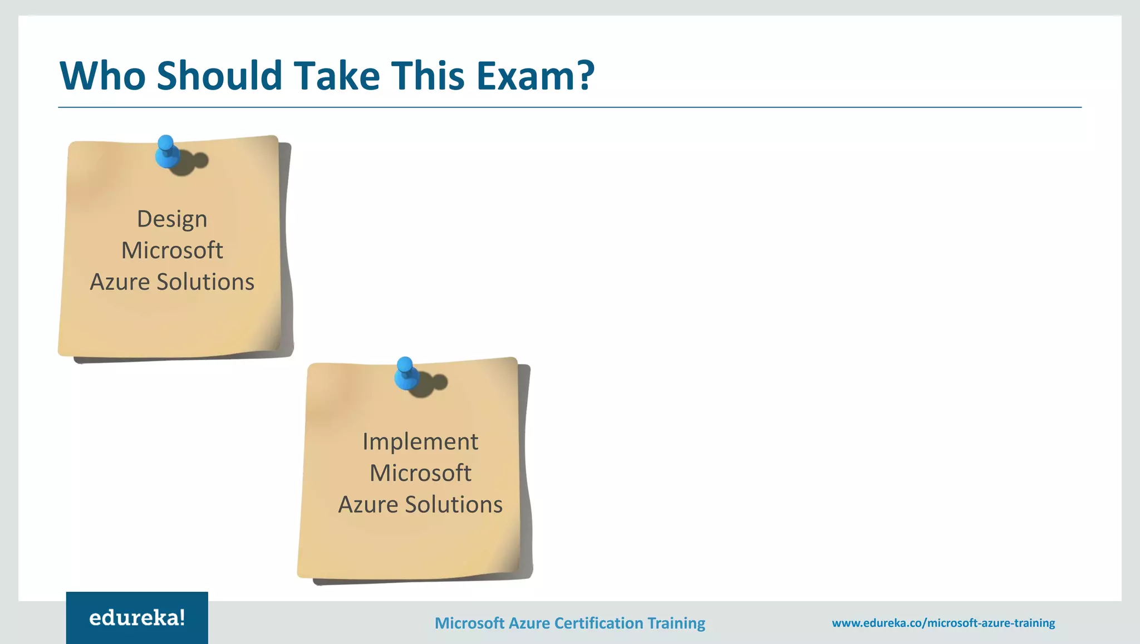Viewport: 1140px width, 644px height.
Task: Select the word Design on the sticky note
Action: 172,219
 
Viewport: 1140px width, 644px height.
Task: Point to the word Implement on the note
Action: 420,442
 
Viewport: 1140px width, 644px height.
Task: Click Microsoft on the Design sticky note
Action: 172,250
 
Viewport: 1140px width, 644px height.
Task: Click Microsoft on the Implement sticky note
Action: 420,473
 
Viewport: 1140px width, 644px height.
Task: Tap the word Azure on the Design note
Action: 120,282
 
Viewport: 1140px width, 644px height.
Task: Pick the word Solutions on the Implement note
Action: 454,505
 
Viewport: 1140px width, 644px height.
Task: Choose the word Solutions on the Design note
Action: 205,282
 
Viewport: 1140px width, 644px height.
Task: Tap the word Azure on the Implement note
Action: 368,505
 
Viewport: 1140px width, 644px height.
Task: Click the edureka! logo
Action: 137,618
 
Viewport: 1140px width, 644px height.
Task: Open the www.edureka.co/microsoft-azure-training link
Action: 943,623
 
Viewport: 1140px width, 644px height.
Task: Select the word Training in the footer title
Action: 676,623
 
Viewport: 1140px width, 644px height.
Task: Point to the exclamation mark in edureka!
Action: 182,617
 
